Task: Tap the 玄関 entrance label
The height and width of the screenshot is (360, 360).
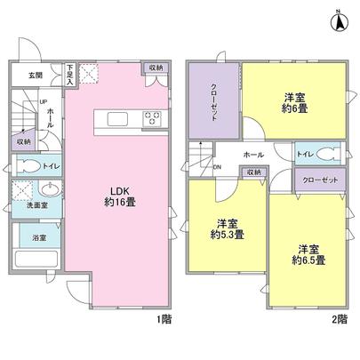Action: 34,76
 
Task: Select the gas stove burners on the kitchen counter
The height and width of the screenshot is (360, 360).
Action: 151,119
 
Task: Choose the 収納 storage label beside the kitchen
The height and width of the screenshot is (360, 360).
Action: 156,68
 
